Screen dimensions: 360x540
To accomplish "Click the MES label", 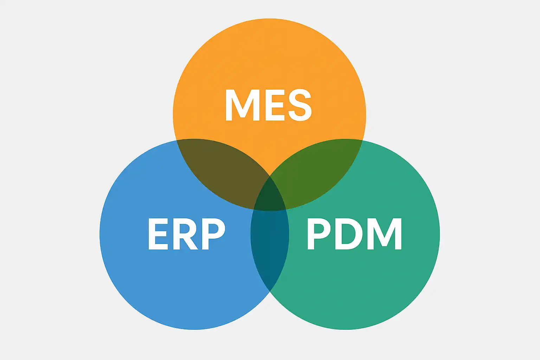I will (269, 105).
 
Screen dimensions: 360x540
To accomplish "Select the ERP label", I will (186, 234).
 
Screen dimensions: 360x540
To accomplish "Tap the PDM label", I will (354, 234).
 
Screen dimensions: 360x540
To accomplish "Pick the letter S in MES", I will (300, 105).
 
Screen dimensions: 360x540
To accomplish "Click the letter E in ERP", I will (158, 234).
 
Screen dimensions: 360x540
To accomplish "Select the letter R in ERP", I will (185, 234).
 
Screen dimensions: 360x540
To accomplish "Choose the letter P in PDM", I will (319, 234).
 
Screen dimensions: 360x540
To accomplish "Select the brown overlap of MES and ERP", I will (221, 172).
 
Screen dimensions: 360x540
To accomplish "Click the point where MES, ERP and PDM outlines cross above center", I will (270, 176).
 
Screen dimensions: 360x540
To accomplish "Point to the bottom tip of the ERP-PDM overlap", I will (270, 291).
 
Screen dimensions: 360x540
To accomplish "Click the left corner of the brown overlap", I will (176, 140).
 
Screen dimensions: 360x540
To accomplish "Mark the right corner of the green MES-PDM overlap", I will (362, 140).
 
